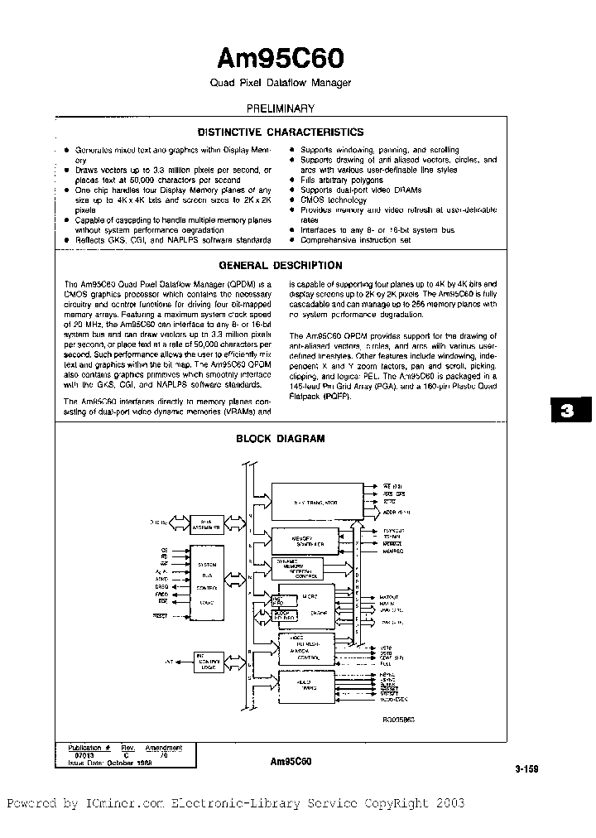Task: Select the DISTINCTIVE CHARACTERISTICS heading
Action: click(x=281, y=132)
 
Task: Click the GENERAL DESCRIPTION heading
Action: click(x=281, y=266)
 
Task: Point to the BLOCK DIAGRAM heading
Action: click(x=281, y=439)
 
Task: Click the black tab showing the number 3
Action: click(x=567, y=412)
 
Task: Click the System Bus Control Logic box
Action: click(x=207, y=580)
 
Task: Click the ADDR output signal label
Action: click(x=394, y=512)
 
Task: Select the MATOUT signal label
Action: click(x=388, y=597)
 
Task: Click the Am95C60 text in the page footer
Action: click(x=290, y=760)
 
